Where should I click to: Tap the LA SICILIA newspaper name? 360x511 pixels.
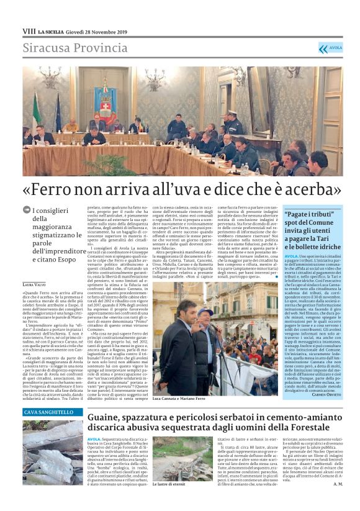(x=52, y=31)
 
